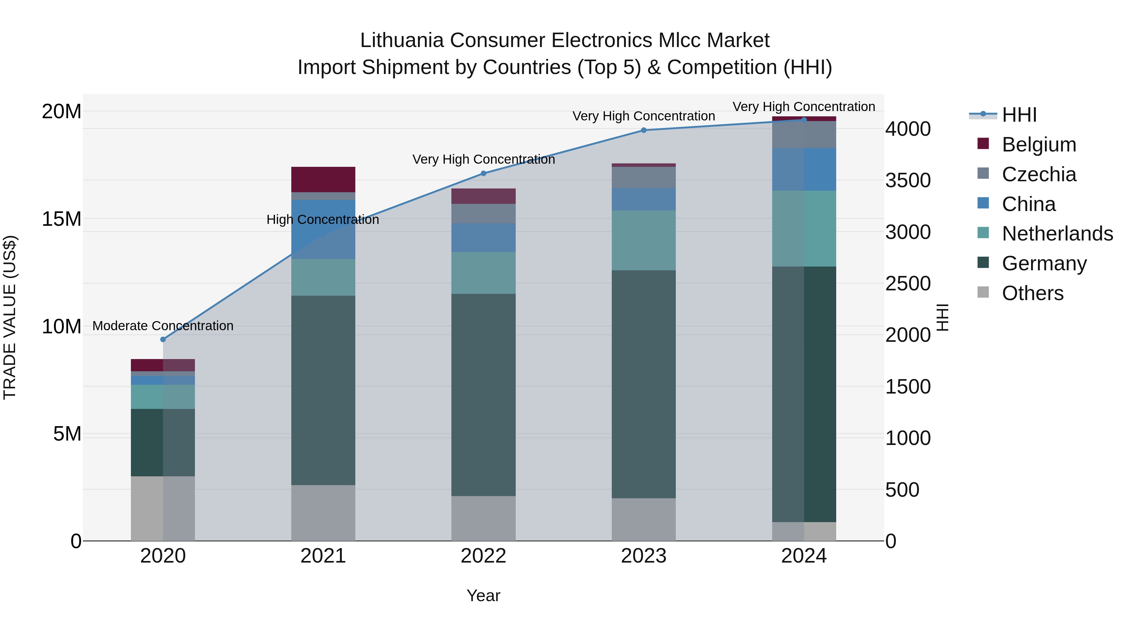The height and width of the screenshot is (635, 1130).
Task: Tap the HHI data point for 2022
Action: coord(483,173)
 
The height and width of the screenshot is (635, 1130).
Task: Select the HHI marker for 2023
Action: coord(643,130)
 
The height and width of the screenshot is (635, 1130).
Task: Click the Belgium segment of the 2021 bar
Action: coord(323,179)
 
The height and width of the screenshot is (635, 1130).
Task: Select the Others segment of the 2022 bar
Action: coord(483,518)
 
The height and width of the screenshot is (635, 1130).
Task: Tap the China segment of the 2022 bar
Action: coord(483,237)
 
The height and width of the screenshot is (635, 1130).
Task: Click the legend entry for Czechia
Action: coord(1039,174)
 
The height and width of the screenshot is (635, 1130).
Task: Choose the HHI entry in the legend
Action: coord(1019,115)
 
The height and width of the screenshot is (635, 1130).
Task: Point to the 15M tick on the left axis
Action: coord(62,219)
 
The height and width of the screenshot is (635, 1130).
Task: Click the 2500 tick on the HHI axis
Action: coord(907,283)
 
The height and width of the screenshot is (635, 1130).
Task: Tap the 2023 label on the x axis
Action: coord(643,556)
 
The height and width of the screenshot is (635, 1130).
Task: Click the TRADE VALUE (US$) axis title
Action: coord(10,317)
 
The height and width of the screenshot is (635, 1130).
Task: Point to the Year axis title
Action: coord(483,595)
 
